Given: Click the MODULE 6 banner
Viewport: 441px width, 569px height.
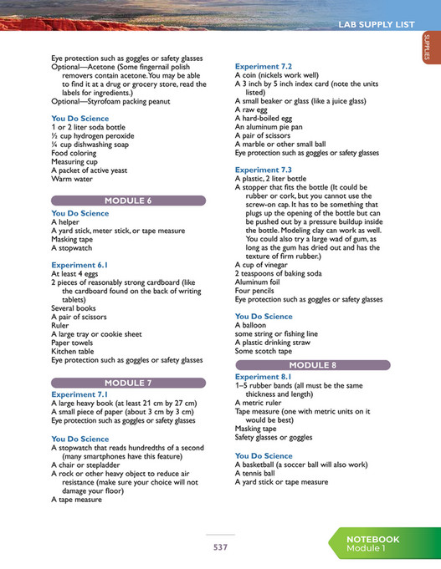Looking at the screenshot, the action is click(127, 201).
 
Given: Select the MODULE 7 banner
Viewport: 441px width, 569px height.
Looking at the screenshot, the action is click(127, 383).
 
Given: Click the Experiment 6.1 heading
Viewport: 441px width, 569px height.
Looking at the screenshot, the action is click(79, 265).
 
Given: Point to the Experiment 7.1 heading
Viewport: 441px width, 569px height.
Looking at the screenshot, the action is click(79, 394).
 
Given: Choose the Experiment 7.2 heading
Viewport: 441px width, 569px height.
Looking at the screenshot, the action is click(264, 65).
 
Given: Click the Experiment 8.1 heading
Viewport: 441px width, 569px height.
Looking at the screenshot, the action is click(264, 377).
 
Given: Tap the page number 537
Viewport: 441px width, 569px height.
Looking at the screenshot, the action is click(220, 547).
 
